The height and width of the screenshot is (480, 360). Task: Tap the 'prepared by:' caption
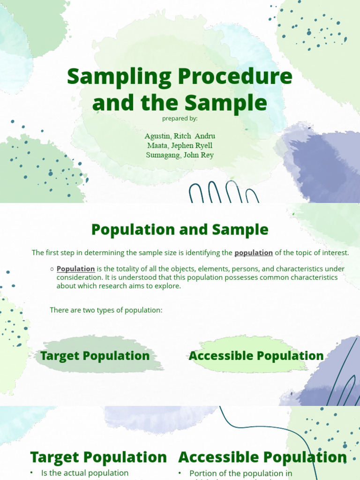(180, 119)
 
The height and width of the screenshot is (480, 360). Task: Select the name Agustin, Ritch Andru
(180, 136)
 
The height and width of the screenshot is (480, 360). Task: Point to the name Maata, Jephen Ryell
(180, 145)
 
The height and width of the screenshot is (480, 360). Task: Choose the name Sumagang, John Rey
(180, 155)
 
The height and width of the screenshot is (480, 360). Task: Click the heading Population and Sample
(180, 230)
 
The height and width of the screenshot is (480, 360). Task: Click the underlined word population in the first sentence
(254, 253)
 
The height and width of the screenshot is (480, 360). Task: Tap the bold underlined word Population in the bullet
(76, 269)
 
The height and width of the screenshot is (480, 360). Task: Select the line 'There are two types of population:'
(106, 310)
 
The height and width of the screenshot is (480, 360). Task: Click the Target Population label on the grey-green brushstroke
(95, 356)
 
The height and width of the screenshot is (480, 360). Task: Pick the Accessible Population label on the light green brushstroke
(256, 356)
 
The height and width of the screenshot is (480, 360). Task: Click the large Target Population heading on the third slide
(98, 457)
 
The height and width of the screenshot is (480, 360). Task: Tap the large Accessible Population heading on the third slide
(262, 457)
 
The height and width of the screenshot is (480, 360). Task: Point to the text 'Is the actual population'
(85, 473)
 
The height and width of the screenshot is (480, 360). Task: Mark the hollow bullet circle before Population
(52, 270)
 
